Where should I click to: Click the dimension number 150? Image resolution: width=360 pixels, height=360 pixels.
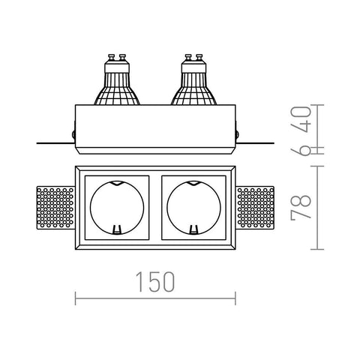155,282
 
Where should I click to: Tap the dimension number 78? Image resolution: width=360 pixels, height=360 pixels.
301,207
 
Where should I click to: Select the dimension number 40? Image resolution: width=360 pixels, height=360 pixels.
301,119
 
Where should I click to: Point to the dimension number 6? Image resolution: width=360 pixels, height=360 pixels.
301,150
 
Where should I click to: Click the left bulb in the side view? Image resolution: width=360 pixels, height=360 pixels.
117,79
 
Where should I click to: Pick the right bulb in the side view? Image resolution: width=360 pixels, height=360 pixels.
193,79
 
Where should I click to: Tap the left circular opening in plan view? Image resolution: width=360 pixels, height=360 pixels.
117,208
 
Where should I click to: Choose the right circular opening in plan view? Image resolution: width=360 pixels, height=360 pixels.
193,208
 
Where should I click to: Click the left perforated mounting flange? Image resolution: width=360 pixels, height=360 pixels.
55,207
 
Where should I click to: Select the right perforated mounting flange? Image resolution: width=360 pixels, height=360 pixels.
255,207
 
